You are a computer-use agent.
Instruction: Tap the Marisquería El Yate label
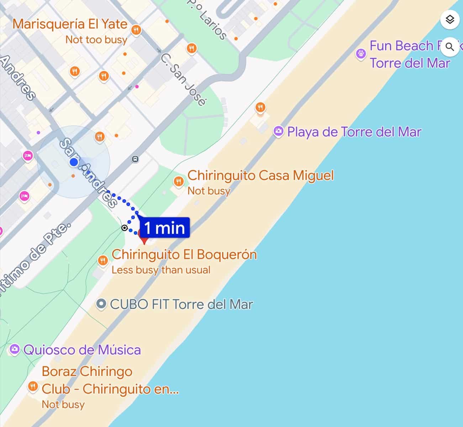pos(70,24)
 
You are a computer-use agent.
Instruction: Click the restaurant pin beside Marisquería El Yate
pos(136,30)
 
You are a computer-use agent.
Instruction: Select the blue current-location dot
pos(74,163)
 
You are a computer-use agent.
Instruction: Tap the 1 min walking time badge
pos(165,228)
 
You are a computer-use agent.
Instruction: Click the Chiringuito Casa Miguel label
pos(261,175)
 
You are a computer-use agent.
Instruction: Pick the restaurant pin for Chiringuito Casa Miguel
pos(178,182)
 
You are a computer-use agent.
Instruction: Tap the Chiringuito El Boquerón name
pos(184,255)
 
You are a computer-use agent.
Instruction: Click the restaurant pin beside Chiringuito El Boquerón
pos(103,260)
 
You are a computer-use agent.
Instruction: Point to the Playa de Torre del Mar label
pos(354,132)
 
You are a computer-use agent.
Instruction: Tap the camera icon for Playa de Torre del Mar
pos(278,132)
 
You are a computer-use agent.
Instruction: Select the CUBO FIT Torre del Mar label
pos(181,305)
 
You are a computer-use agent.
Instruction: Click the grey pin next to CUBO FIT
pos(102,304)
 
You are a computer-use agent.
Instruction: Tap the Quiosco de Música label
pos(82,350)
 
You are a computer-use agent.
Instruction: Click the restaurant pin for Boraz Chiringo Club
pos(33,386)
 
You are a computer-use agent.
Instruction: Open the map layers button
pos(450,19)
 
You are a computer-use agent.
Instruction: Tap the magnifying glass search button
pos(450,47)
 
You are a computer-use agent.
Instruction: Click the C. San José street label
pos(183,80)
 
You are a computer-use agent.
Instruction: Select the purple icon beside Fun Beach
pos(361,54)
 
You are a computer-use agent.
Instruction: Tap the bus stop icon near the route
pos(135,159)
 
